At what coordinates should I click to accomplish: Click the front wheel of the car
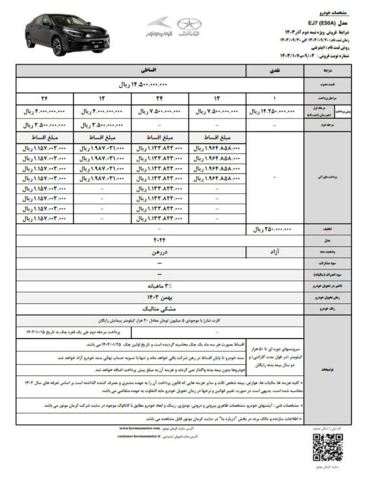tap(56, 47)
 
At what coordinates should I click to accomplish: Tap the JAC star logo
tap(189, 27)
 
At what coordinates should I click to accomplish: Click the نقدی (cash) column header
tap(275, 71)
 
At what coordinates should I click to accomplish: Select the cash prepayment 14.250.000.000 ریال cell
tap(272, 112)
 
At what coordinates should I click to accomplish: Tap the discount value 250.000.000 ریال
tap(272, 230)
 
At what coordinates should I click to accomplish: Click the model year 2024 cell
tap(159, 240)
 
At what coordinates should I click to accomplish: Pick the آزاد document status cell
tap(275, 251)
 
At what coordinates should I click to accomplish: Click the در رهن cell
tap(160, 251)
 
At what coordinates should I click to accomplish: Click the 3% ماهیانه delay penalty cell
tap(160, 286)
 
